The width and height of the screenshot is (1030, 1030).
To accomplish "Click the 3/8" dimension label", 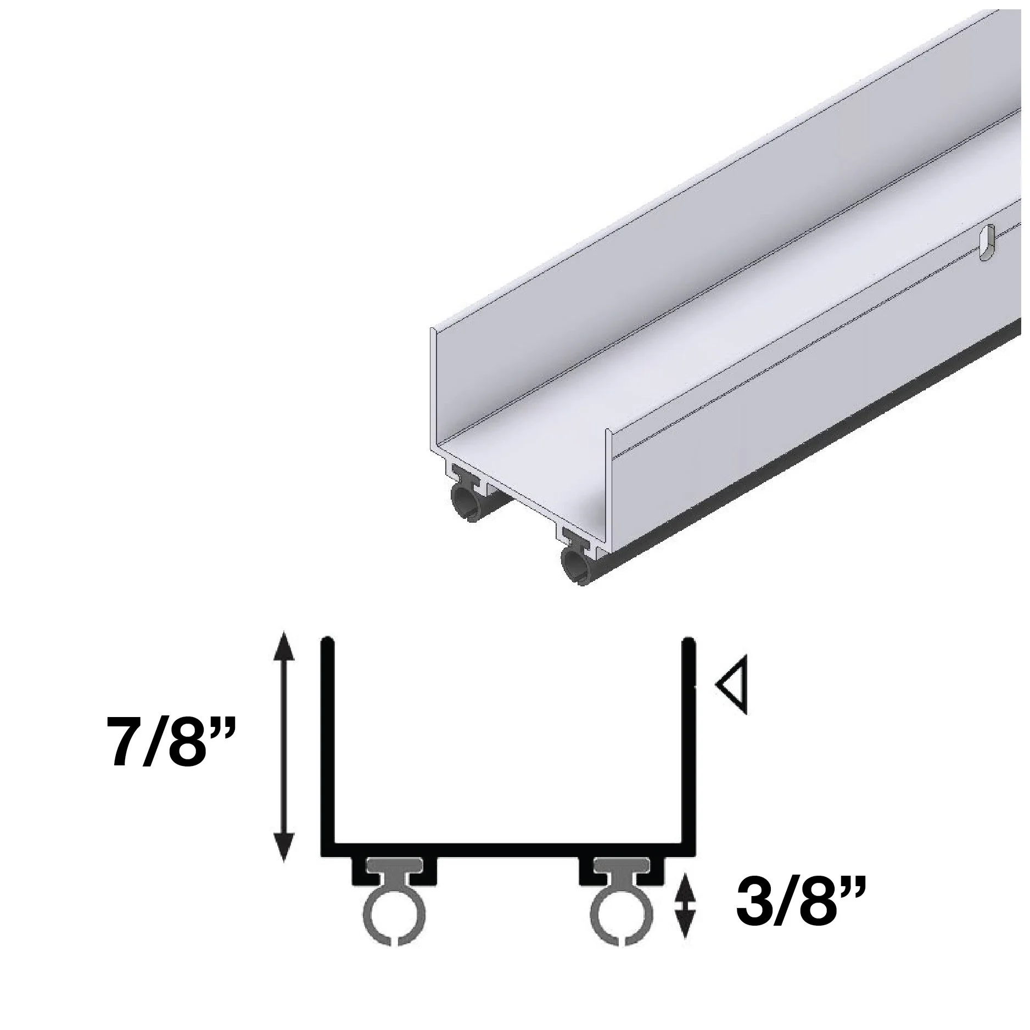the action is point(794,899).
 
